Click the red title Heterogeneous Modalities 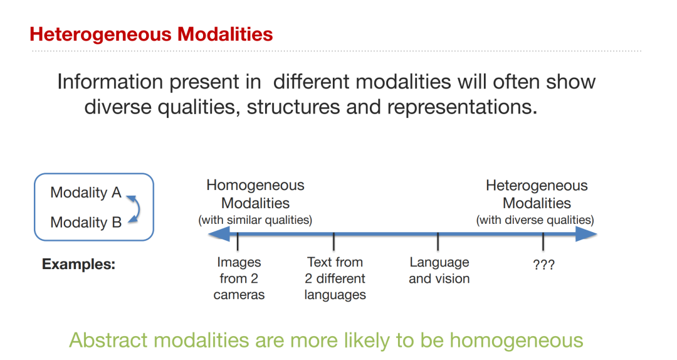point(151,34)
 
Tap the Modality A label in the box point(85,193)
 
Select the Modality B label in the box point(86,222)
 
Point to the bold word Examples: point(78,264)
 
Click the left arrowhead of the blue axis point(219,235)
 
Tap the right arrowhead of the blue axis point(587,235)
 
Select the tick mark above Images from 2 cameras point(238,241)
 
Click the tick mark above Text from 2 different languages point(333,241)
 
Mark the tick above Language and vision point(438,241)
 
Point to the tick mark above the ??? point(543,241)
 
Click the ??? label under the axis point(543,265)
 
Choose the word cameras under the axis point(239,295)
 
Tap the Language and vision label point(439,270)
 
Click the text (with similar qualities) point(255,220)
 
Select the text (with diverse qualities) point(535,220)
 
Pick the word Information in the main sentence point(110,82)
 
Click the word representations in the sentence point(462,107)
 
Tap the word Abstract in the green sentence point(108,340)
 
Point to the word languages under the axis point(335,295)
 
